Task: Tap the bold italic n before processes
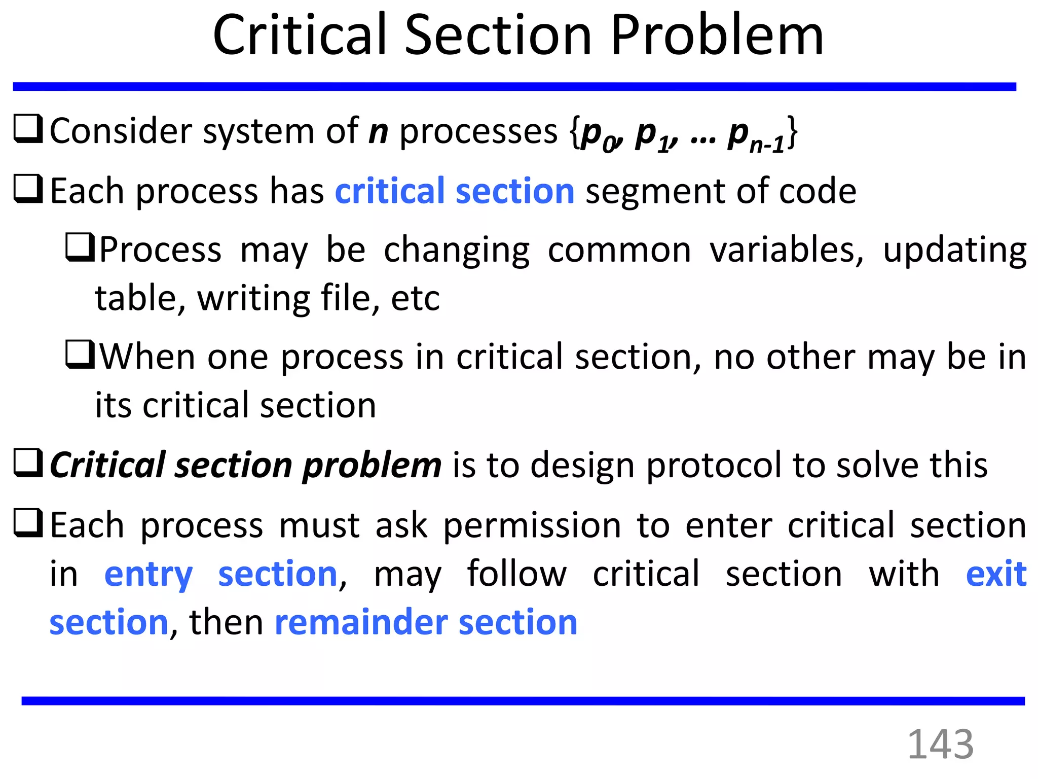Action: point(378,131)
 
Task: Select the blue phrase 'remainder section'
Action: point(426,622)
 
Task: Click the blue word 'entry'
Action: point(148,575)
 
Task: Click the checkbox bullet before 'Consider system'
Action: point(28,129)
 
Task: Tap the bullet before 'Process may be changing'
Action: point(80,247)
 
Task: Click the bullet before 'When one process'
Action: point(80,355)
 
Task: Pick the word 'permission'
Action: point(532,525)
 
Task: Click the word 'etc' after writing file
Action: point(415,299)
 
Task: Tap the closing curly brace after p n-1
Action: point(792,133)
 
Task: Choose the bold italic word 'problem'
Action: point(372,466)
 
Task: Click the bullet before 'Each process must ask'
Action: point(28,523)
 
